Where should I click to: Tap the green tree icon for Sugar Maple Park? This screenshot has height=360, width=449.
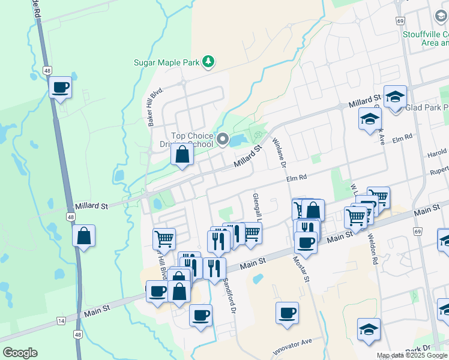[208, 61]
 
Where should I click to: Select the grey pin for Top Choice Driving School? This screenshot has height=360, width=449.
[223, 140]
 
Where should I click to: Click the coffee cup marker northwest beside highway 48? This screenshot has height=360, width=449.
[60, 88]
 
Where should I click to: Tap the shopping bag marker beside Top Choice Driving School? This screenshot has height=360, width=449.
[182, 154]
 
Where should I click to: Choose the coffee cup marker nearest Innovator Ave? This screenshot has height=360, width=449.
[287, 313]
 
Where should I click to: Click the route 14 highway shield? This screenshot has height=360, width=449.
[61, 321]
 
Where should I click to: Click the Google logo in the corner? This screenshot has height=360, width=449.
[20, 353]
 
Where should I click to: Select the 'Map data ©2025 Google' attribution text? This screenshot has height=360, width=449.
[412, 355]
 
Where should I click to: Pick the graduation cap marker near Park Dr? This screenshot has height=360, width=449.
[369, 329]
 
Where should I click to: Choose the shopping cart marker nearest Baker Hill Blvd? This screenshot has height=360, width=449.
[164, 239]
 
